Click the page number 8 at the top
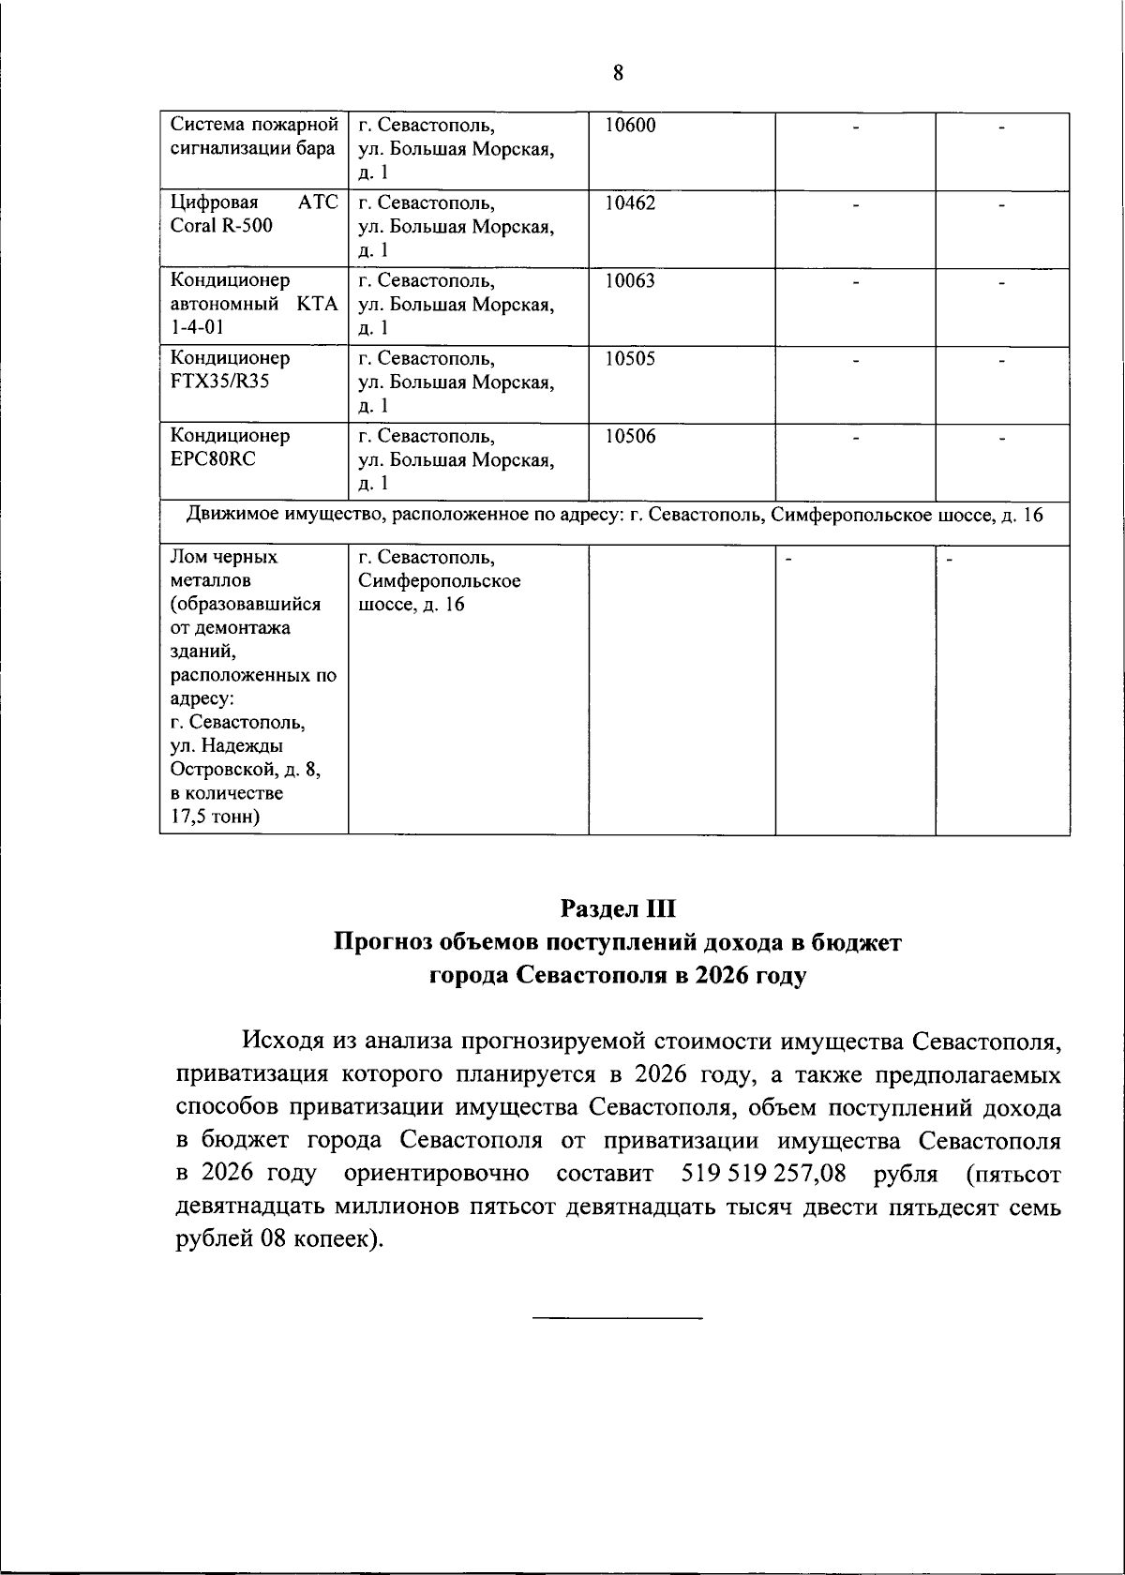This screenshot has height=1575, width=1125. [x=618, y=73]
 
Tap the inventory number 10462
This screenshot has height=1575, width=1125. [x=630, y=204]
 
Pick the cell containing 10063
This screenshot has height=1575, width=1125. [x=630, y=281]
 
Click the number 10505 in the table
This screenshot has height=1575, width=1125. [x=630, y=359]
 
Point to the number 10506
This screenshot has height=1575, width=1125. [x=630, y=437]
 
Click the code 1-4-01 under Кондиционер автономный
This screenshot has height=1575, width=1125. [x=198, y=327]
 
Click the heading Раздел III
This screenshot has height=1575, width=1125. [x=618, y=908]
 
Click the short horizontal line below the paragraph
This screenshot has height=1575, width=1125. [x=617, y=1319]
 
